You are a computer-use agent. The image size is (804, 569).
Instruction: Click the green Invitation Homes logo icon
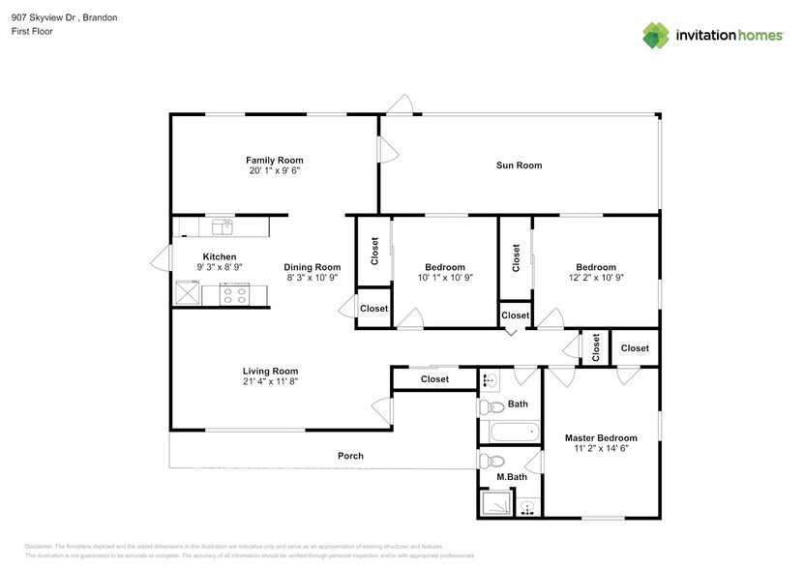(657, 35)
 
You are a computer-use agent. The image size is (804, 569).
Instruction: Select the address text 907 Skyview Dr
(38, 16)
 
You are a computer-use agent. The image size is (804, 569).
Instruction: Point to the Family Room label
(274, 160)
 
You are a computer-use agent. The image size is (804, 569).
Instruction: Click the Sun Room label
(519, 165)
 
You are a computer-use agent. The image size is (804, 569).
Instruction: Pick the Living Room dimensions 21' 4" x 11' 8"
(270, 382)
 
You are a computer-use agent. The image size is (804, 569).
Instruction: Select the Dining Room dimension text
(312, 279)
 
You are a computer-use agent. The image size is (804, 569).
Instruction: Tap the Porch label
(349, 456)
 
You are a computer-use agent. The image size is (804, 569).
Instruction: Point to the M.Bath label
(512, 477)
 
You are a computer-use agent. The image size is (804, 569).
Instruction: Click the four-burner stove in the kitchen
(234, 294)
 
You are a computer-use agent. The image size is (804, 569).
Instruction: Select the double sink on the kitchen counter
(223, 226)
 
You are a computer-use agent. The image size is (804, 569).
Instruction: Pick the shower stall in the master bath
(494, 502)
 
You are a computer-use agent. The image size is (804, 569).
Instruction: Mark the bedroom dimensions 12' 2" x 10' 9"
(595, 279)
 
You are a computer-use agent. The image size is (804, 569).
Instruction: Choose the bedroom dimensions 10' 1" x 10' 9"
(444, 279)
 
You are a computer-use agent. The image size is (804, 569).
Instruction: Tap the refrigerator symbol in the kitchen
(187, 293)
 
